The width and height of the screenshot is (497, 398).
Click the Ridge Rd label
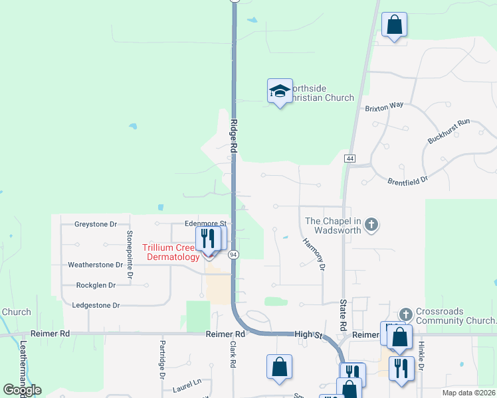(234, 138)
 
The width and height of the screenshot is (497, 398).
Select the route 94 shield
(233, 254)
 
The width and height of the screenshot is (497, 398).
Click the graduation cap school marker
(280, 91)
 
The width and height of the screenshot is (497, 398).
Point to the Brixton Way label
(384, 106)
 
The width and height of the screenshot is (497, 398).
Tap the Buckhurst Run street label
(448, 131)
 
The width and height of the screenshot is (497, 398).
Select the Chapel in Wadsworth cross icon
(372, 226)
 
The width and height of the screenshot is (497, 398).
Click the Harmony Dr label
(314, 254)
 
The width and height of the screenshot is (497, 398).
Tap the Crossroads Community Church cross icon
(406, 312)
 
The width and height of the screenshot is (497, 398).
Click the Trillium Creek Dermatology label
(170, 252)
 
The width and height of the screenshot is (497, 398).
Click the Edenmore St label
(206, 224)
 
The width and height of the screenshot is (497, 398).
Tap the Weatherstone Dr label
(96, 265)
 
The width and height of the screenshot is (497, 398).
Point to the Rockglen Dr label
(96, 285)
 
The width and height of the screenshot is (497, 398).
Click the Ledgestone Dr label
(97, 305)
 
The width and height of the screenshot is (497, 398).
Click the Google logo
(22, 390)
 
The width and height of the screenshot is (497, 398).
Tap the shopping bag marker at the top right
(395, 25)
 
